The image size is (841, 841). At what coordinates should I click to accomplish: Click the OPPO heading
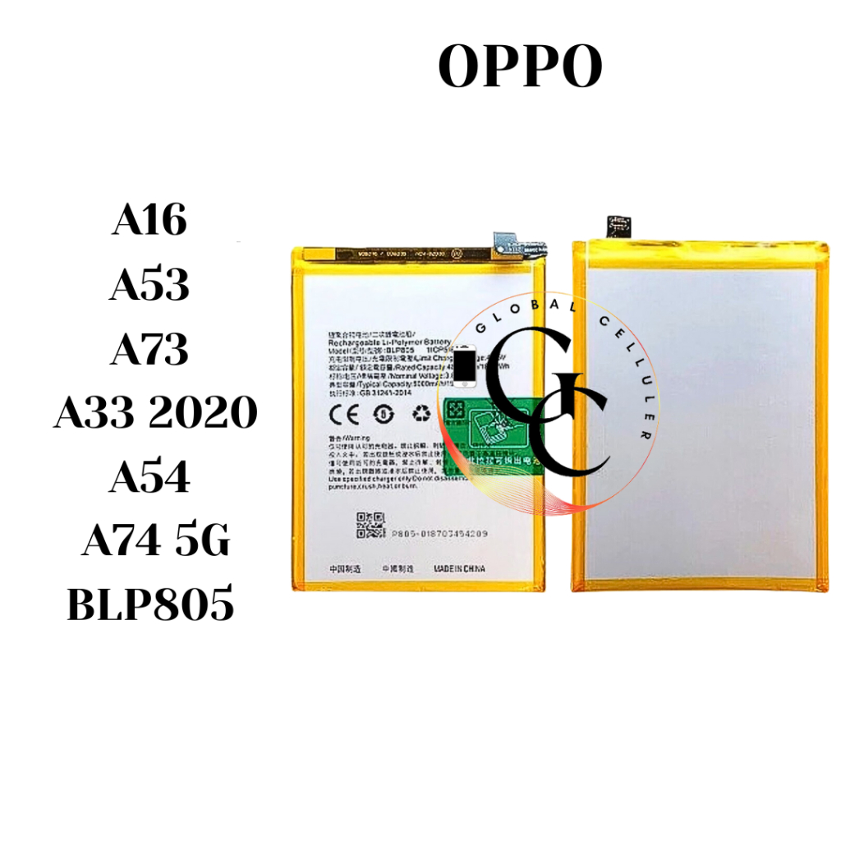coord(521,67)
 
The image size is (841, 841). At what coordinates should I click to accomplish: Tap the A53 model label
coord(149,285)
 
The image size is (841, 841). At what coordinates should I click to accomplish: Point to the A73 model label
coord(149,348)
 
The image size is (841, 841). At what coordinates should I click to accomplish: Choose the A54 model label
coord(149,477)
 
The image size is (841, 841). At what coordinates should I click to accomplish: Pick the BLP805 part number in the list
coord(149,605)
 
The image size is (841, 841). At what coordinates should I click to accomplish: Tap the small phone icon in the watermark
coord(464,366)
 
